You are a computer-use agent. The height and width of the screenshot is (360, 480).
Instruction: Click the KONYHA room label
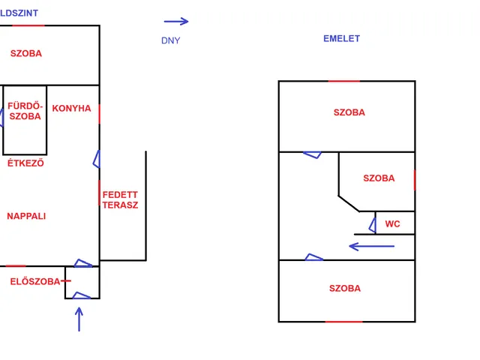pyautogui.click(x=71, y=109)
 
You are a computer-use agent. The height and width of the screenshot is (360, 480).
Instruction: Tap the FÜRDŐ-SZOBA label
pyautogui.click(x=25, y=111)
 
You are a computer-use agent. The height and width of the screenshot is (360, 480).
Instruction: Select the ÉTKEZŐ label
pyautogui.click(x=25, y=163)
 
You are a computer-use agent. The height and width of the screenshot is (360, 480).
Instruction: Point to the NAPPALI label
pyautogui.click(x=26, y=216)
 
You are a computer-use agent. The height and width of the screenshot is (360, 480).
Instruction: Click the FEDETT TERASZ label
pyautogui.click(x=120, y=199)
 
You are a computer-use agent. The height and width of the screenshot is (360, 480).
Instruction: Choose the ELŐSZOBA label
pyautogui.click(x=35, y=282)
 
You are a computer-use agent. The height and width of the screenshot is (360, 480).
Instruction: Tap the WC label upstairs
pyautogui.click(x=392, y=224)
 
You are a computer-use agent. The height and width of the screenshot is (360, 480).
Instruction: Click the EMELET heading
pyautogui.click(x=341, y=39)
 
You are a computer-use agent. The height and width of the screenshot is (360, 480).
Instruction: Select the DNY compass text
pyautogui.click(x=170, y=40)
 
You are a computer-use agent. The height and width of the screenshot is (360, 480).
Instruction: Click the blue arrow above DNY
pyautogui.click(x=176, y=22)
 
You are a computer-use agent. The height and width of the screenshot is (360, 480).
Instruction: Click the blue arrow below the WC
pyautogui.click(x=372, y=245)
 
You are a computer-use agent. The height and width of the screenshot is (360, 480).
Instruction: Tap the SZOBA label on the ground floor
pyautogui.click(x=26, y=53)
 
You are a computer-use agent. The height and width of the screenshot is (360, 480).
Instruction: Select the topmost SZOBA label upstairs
pyautogui.click(x=349, y=112)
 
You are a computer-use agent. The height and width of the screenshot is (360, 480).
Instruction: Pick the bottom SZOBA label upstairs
pyautogui.click(x=344, y=289)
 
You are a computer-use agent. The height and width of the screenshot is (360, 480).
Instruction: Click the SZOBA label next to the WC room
pyautogui.click(x=379, y=178)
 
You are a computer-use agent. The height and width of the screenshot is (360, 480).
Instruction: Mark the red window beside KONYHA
pyautogui.click(x=99, y=114)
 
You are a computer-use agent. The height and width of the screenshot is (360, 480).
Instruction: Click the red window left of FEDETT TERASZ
pyautogui.click(x=100, y=193)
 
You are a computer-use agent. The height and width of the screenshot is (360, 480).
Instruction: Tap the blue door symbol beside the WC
pyautogui.click(x=372, y=223)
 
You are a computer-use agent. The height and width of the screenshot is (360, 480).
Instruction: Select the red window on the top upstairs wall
pyautogui.click(x=343, y=81)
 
